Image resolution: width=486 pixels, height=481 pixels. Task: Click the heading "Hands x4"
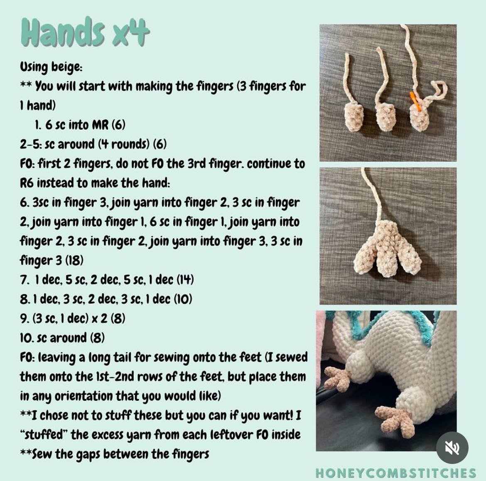pos(85,32)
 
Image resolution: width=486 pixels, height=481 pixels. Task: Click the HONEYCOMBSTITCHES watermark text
pos(395,473)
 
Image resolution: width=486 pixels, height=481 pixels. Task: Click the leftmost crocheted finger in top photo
pos(354,117)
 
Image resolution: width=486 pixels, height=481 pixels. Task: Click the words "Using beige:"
pos(51,67)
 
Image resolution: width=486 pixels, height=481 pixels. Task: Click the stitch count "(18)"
pos(74,260)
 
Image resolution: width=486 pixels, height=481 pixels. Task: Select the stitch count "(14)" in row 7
pos(185,279)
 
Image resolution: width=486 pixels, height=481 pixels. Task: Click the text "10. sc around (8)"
pos(62,338)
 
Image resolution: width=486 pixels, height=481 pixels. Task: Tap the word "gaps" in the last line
pos(88,454)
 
